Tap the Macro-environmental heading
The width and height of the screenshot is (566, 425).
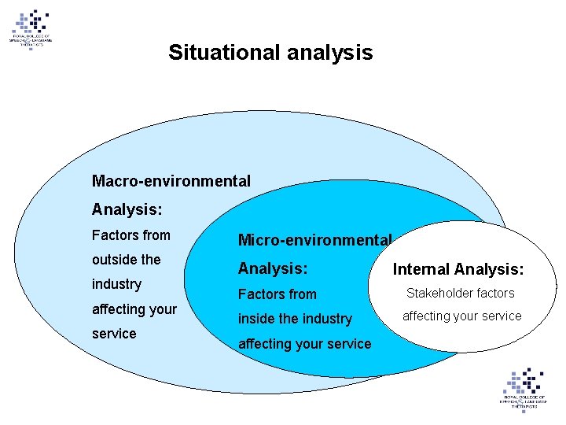coord(171,181)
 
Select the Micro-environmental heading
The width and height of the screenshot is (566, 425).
coord(314,239)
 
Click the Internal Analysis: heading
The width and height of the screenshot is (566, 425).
coord(458,269)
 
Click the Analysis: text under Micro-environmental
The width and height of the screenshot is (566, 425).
coord(273,268)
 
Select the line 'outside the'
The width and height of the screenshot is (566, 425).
coord(126,259)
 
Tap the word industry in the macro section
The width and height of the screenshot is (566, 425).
coord(116,283)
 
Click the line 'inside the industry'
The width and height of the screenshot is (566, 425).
coord(295,319)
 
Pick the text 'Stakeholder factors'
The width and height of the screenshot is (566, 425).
coord(460,294)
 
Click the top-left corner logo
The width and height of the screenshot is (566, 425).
coord(31,30)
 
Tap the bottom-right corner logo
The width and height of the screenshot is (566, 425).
coord(523,387)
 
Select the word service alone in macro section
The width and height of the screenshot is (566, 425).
coord(114,333)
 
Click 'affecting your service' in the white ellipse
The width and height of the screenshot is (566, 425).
coord(462,316)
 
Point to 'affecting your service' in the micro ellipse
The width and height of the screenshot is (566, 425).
coord(304,344)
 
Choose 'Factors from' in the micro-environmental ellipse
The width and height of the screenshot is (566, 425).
coord(277,294)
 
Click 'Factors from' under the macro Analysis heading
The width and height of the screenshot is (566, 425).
coord(130,235)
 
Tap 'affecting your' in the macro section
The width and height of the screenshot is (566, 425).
coord(134,309)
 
